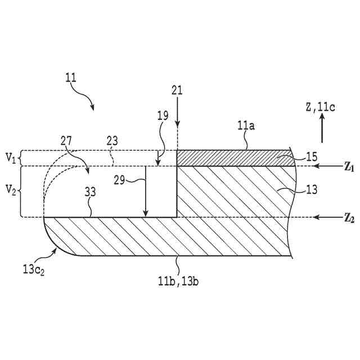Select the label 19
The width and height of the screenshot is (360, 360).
[163, 116]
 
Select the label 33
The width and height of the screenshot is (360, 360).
[91, 192]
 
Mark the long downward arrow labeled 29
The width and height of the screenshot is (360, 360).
[145, 191]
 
